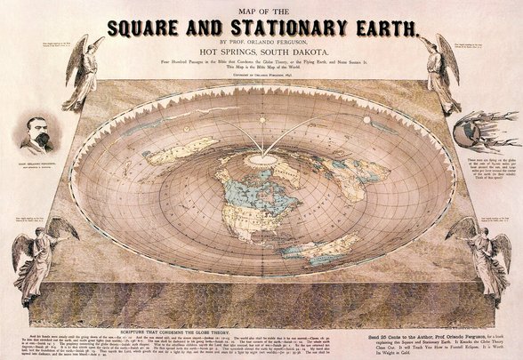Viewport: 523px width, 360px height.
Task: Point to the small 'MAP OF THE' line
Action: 261,8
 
